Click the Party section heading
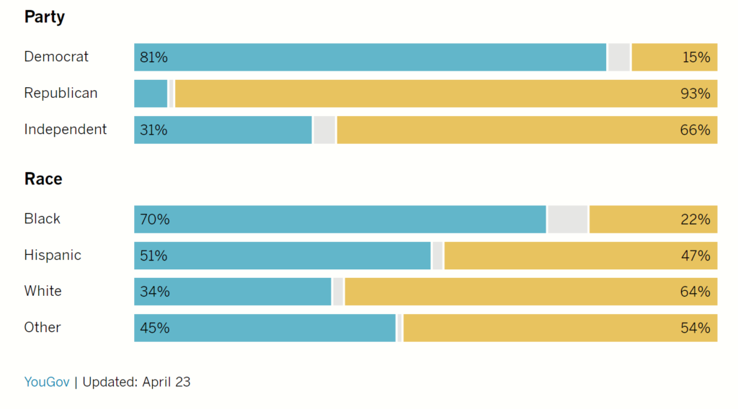45,17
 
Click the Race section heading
43,179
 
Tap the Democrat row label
56,57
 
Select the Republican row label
61,93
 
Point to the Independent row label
66,130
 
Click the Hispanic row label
53,255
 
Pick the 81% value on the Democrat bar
154,58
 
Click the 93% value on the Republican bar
695,94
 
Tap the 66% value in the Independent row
695,130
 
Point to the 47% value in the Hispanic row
695,256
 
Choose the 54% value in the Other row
695,328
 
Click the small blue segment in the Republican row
151,94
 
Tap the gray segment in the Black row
568,220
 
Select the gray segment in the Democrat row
619,58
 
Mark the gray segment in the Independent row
324,130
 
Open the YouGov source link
47,382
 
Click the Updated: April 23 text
136,382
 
